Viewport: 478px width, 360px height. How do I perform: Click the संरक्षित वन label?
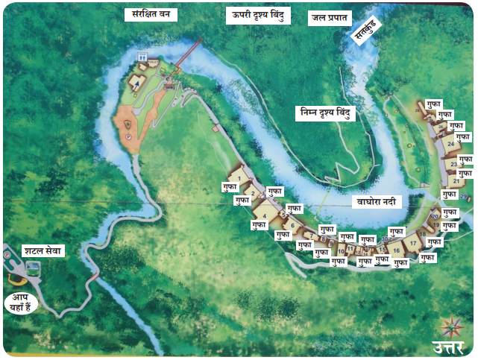click(x=151, y=14)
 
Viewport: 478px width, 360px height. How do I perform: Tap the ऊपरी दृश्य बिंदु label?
click(x=258, y=15)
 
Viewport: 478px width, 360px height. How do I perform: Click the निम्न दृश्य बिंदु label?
click(x=325, y=113)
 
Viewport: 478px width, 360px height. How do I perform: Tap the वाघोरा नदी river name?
click(x=377, y=202)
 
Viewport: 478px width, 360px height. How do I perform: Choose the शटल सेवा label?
click(x=43, y=251)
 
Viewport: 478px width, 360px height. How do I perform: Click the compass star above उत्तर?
click(x=450, y=326)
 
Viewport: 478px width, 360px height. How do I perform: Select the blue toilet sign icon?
click(x=142, y=57)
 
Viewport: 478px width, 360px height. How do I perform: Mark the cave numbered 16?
click(x=397, y=252)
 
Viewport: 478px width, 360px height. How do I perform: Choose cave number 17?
click(x=413, y=243)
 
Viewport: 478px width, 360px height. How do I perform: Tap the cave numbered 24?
click(x=449, y=145)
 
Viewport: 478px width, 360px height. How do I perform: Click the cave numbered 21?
click(x=455, y=181)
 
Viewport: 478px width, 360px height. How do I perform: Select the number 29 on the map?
click(x=463, y=197)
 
